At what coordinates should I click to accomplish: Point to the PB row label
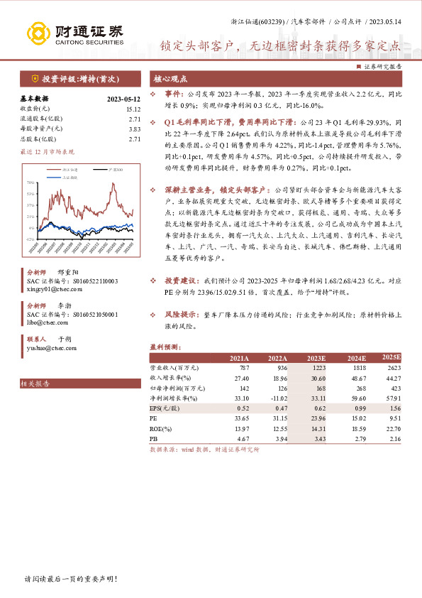155,439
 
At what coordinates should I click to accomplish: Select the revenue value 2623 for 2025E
392,368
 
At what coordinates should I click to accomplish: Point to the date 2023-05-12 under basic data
123,99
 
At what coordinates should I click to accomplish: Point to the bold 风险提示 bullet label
182,312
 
